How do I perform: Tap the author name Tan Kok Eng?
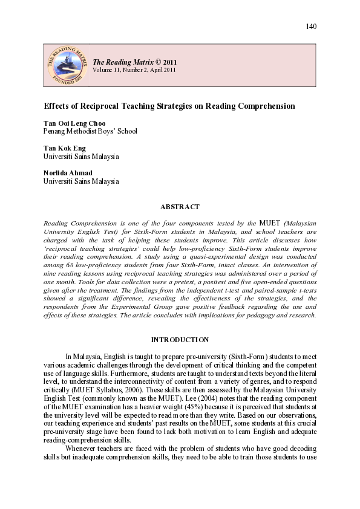click(65, 148)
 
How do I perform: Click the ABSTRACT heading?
click(180, 207)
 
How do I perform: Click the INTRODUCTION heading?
click(180, 340)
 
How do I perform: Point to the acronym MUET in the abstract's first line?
click(263, 223)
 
